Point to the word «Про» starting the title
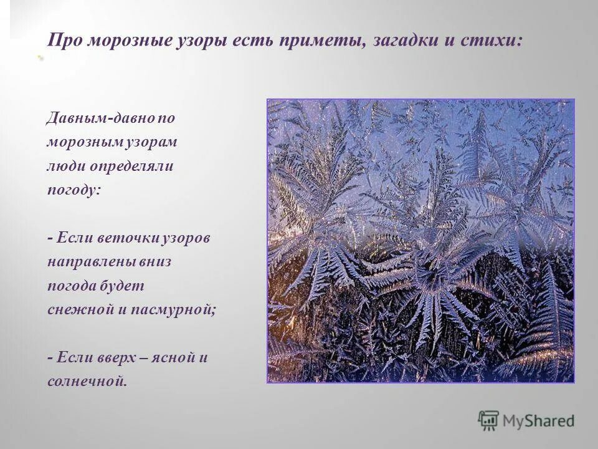tap(65, 40)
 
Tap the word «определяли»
tap(131, 167)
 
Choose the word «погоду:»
tap(74, 190)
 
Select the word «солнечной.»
tap(87, 381)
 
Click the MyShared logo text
tap(540, 421)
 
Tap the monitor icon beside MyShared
tap(489, 420)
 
